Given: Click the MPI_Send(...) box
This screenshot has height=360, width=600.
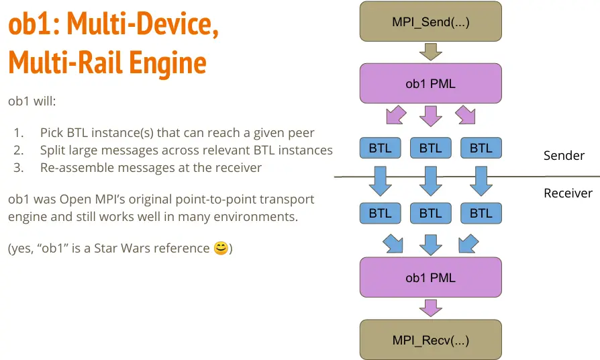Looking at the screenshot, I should coord(430,22).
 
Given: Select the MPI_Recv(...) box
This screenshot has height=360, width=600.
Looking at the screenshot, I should coord(430,341).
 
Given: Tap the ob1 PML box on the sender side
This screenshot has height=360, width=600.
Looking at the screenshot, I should coord(430,83).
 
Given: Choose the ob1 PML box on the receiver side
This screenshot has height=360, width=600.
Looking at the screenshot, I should coord(430,277).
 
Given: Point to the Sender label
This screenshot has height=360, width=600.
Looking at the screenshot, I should coord(564,156).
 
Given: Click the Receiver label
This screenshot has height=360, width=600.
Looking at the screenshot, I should coord(568,193).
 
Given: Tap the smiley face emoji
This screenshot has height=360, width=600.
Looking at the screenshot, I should coord(220,249).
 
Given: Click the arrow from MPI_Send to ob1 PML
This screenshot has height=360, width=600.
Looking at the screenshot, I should coord(430,52).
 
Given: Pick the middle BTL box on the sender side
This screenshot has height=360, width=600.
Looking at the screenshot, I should coord(430,148).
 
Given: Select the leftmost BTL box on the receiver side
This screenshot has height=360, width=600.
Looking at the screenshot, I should coord(380,214).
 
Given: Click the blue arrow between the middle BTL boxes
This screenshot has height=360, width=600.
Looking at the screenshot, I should coord(430,180).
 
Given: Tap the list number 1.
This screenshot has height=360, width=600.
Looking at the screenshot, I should coord(18,133).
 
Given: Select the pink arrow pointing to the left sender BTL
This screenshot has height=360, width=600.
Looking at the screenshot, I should coord(396,115).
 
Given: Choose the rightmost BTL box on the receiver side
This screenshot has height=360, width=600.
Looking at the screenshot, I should coord(481,214).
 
